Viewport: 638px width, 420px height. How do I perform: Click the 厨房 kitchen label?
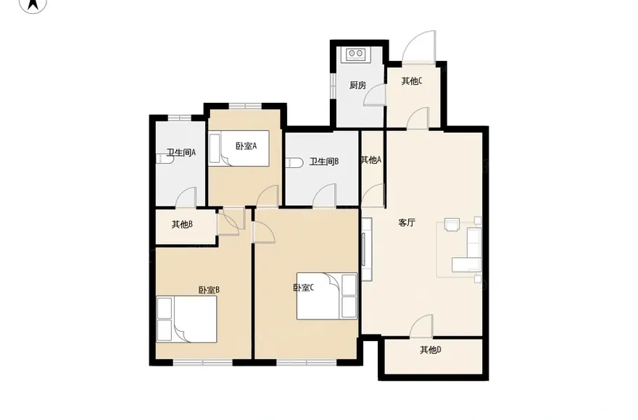pos(357,85)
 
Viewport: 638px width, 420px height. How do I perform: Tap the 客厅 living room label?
pos(407,223)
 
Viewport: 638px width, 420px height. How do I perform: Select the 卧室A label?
pos(246,146)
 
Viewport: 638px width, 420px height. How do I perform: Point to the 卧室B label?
pos(209,290)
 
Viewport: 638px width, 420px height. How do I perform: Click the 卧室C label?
pos(304,288)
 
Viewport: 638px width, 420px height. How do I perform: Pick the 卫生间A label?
pos(181,153)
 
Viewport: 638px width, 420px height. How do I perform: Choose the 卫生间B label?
pos(324,161)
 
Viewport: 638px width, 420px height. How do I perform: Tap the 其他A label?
pos(371,160)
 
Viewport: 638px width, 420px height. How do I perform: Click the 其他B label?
pos(182,224)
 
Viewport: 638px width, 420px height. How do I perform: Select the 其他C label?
pos(412,81)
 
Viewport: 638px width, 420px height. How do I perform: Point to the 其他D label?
pos(431,350)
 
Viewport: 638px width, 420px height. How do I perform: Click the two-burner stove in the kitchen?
pos(356,55)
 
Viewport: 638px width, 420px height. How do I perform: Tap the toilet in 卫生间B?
pos(295,163)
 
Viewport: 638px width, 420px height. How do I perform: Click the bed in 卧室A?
pos(239,148)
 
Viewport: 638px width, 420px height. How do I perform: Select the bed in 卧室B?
pos(187,319)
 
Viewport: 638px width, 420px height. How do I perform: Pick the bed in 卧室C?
pos(327,296)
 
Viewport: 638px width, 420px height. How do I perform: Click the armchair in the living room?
pos(452,224)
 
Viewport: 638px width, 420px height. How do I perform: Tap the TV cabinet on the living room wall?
pos(367,249)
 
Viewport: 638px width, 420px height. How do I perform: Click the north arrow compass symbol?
pos(33,5)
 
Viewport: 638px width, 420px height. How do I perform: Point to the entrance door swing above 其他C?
pos(419,46)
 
